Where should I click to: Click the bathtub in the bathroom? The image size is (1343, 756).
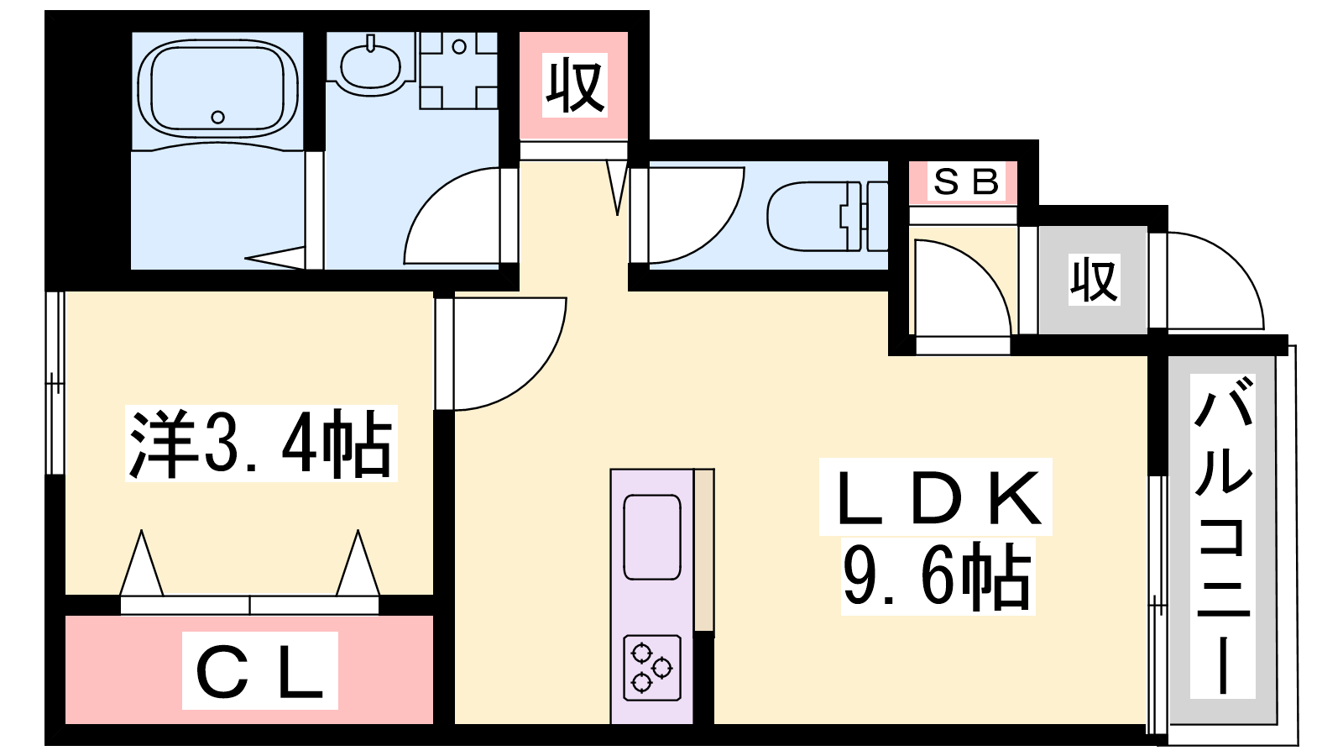(217, 88)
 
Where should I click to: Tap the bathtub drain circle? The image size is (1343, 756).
(218, 117)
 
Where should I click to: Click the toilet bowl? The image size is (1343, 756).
(807, 217)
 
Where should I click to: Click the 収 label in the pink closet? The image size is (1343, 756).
(574, 86)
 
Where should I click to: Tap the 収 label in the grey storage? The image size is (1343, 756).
(1095, 280)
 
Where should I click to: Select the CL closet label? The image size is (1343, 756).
(259, 671)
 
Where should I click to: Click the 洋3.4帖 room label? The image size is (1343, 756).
(261, 444)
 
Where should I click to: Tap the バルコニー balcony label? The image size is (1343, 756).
(1222, 535)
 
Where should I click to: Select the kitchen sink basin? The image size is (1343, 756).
(652, 537)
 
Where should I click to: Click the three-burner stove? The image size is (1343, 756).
(652, 668)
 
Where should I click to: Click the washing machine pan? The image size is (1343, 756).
(458, 71)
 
